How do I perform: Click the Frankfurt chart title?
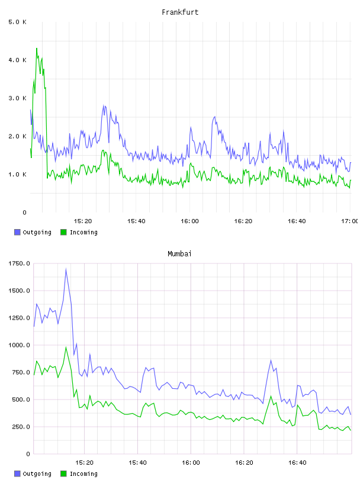[180, 12]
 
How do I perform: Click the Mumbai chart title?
[179, 254]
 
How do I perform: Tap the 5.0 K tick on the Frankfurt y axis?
[18, 22]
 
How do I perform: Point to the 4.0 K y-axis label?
[18, 60]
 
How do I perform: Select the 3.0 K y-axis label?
[18, 98]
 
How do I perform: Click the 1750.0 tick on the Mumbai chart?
[19, 263]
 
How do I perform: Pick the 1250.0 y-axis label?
[19, 318]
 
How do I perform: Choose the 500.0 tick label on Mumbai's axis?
[21, 400]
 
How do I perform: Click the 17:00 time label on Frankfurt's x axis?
[350, 221]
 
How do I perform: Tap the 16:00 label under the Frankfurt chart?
[189, 221]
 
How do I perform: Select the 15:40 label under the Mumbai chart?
[137, 462]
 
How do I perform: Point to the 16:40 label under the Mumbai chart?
[297, 462]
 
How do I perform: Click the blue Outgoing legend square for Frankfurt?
[17, 232]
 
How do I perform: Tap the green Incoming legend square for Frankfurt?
[63, 232]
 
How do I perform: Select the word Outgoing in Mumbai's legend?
[37, 474]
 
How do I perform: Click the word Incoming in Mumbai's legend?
[83, 474]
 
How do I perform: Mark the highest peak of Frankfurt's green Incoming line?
[37, 49]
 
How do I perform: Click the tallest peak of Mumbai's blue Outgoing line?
[66, 269]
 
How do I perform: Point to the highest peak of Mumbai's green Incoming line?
[66, 347]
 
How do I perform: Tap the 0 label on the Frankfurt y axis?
[25, 212]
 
